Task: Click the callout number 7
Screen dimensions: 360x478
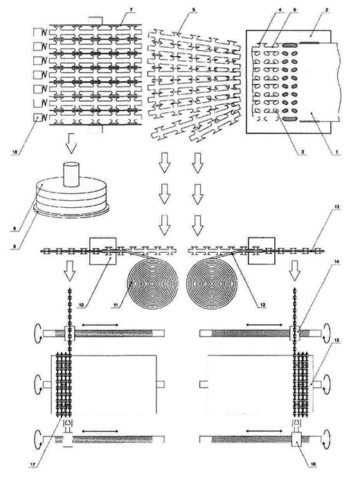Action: [131, 10]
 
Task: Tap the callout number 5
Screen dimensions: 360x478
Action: [194, 10]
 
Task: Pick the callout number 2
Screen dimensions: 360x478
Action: [327, 10]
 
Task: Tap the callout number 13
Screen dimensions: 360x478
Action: [337, 207]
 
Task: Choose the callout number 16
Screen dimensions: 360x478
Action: [314, 464]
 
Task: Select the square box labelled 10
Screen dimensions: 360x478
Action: [102, 251]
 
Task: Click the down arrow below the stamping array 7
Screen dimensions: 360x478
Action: [71, 143]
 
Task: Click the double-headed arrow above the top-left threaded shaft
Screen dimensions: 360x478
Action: [100, 326]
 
